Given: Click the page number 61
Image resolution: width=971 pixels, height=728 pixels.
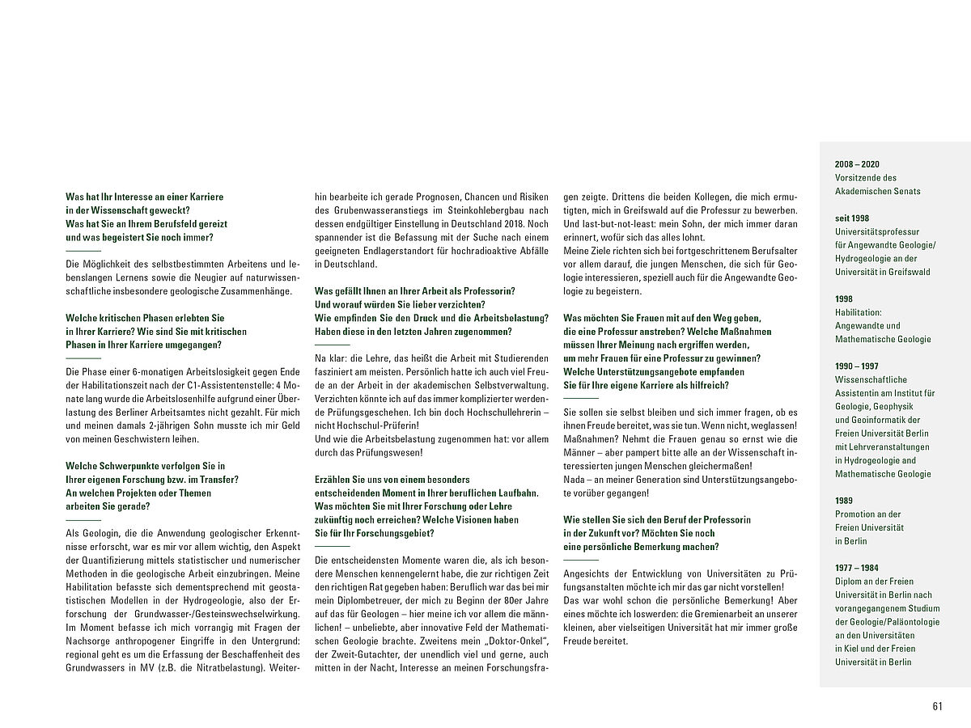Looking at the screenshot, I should (x=937, y=706).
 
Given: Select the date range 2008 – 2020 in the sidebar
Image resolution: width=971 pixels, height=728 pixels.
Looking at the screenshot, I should (x=855, y=163).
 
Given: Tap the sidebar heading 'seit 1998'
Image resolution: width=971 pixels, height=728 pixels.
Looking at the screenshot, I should (x=852, y=218).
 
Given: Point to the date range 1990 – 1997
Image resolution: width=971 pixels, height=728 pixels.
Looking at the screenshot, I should (x=855, y=366).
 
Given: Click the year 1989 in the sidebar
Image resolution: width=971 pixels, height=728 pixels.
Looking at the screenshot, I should (x=844, y=501).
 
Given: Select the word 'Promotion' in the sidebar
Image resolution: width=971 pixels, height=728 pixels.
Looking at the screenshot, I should (x=857, y=514).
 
